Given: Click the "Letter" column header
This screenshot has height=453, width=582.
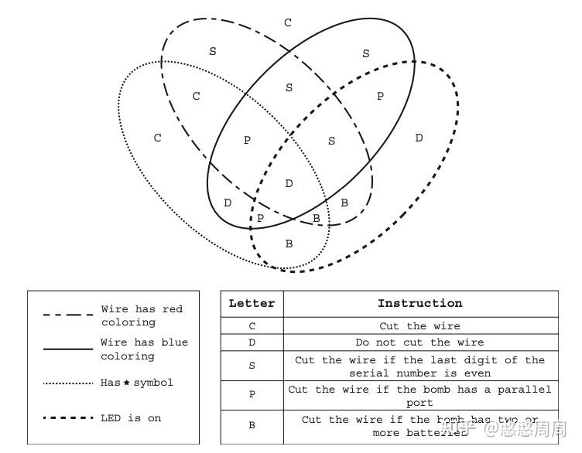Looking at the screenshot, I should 252,304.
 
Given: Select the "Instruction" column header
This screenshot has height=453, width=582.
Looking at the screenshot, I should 419,304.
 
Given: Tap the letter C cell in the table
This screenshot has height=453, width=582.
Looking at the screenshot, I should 252,326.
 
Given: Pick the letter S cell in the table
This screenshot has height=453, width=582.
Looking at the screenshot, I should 252,366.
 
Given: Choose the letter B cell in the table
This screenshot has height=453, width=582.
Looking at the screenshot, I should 252,426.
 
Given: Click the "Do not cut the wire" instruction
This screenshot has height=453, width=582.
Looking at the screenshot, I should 419,342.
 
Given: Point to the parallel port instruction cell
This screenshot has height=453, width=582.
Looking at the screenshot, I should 419,396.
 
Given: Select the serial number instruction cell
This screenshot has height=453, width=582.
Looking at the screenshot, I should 419,366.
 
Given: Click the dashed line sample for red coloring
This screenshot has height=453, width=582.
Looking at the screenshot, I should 67,315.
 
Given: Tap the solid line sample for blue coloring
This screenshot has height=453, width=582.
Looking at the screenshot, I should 67,349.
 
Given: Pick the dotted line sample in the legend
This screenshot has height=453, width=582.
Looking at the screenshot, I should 67,383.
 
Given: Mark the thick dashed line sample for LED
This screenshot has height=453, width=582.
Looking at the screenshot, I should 67,418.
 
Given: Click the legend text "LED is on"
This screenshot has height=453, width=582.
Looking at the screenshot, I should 131,418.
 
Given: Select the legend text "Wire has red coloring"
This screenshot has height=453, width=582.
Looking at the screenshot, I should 142,315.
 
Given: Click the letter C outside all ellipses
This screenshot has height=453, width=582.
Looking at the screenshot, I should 288,23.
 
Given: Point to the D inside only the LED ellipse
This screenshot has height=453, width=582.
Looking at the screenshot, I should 419,138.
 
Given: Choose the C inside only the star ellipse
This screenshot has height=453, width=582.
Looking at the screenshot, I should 158,138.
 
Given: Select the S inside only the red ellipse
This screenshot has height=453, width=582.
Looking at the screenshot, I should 213,52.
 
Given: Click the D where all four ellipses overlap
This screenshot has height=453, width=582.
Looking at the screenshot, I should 289,184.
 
